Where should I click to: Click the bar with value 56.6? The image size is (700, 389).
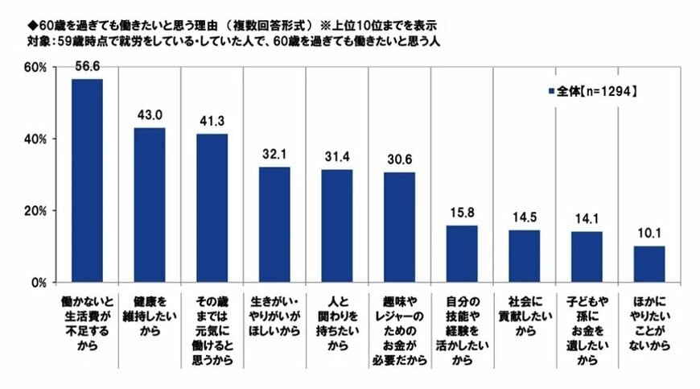[87, 180]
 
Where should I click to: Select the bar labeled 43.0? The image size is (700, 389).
[150, 205]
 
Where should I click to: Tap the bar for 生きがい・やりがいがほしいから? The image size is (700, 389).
[274, 225]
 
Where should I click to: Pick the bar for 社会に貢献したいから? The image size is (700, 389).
[524, 256]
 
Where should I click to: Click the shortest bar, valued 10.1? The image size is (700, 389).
[649, 264]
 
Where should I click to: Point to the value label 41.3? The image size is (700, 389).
[212, 121]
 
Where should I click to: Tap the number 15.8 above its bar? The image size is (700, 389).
[462, 213]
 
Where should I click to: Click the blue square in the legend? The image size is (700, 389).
[550, 92]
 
